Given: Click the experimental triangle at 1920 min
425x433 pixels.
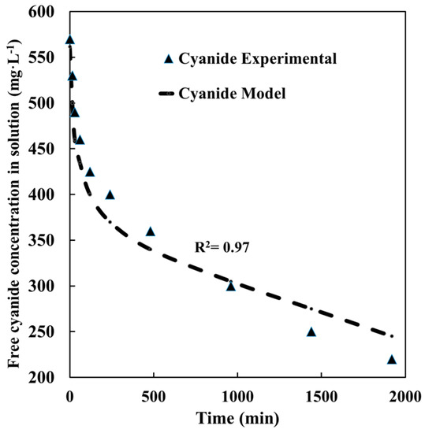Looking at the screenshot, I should (392, 360).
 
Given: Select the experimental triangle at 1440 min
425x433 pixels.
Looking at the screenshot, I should (311, 332).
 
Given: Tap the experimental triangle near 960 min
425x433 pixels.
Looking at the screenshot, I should (231, 286).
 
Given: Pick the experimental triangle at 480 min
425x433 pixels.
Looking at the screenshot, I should (151, 231).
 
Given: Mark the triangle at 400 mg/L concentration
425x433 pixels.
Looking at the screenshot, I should (110, 194).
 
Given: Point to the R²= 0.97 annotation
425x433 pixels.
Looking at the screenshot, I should (222, 247).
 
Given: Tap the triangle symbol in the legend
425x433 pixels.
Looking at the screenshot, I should (167, 59).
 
